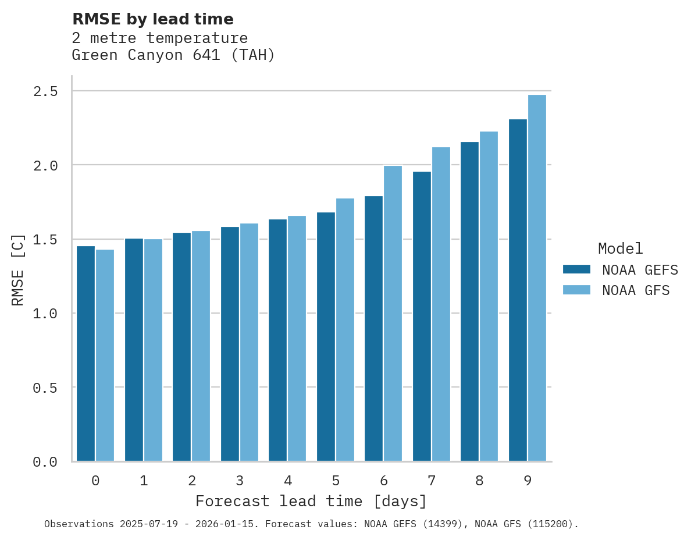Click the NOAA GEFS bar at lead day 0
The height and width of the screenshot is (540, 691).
point(86,354)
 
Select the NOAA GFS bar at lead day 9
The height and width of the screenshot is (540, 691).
point(537,278)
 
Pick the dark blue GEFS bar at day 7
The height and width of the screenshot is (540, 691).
point(422,317)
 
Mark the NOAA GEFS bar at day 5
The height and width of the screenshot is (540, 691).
point(326,337)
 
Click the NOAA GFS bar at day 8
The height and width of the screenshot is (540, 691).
point(489,296)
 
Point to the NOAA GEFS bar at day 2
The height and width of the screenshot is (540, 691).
point(181,347)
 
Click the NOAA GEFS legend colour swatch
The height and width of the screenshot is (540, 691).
point(576,269)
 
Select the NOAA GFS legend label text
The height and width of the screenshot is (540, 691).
point(636,290)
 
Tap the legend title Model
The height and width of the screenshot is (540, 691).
point(620,249)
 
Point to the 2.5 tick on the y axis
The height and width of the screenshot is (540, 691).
point(45,91)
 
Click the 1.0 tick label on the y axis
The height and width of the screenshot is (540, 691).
point(45,314)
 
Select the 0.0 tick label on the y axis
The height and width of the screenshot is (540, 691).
point(45,462)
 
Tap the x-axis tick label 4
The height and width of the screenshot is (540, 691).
point(287,481)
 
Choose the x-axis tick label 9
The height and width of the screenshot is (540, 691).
point(528,481)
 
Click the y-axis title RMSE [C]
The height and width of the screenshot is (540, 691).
point(18,269)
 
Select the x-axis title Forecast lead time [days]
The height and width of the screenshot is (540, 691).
point(311,502)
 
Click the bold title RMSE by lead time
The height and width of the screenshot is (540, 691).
point(152,19)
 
